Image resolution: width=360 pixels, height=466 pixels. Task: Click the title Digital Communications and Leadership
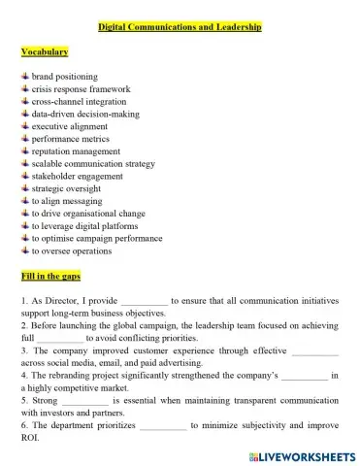(180, 28)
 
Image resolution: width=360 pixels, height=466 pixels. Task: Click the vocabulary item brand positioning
(64, 76)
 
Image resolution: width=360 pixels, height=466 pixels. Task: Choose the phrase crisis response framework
(81, 88)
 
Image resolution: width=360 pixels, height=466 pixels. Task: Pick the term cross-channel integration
(79, 101)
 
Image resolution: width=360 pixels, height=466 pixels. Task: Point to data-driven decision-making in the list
(85, 114)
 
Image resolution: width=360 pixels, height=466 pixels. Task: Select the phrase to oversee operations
(72, 250)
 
